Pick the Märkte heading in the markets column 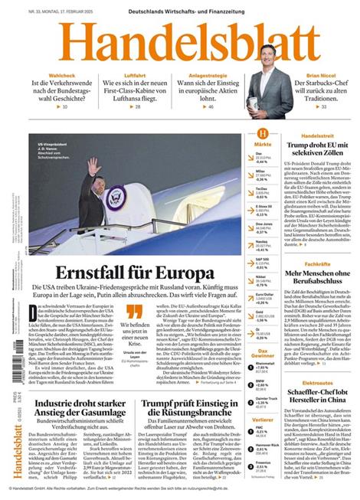point(263,144)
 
